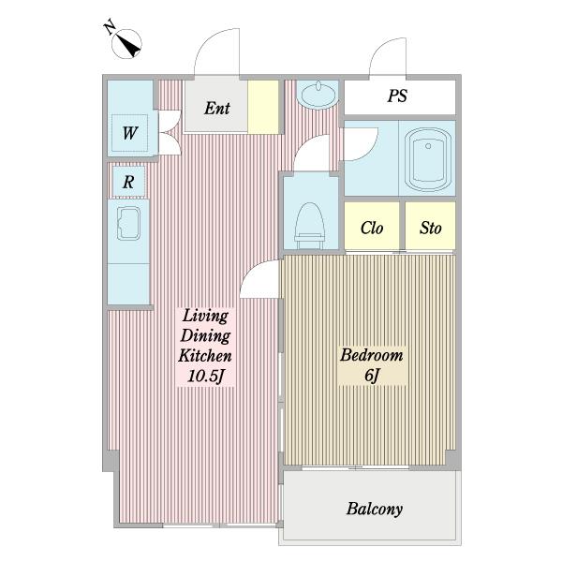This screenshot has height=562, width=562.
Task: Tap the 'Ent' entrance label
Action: pyautogui.click(x=217, y=109)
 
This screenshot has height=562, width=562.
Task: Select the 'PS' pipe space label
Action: pyautogui.click(x=397, y=96)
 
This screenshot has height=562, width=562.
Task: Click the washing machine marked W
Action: pyautogui.click(x=129, y=133)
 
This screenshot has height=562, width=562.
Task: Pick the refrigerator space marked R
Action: pyautogui.click(x=128, y=182)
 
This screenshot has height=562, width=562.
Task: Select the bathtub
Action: pyautogui.click(x=428, y=159)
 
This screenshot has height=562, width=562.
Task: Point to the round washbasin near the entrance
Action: pyautogui.click(x=318, y=95)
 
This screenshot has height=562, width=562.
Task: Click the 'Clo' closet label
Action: pyautogui.click(x=372, y=228)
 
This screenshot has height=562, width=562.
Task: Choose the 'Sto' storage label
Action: pyautogui.click(x=431, y=228)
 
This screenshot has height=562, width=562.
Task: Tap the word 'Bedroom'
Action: pyautogui.click(x=371, y=355)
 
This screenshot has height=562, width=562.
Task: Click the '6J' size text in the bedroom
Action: pyautogui.click(x=372, y=376)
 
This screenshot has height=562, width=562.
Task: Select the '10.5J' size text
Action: pyautogui.click(x=206, y=376)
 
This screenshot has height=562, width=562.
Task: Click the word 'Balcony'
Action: pyautogui.click(x=374, y=509)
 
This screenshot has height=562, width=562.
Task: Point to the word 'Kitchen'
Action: pyautogui.click(x=205, y=356)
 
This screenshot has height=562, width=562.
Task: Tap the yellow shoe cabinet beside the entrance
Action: pyautogui.click(x=263, y=107)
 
